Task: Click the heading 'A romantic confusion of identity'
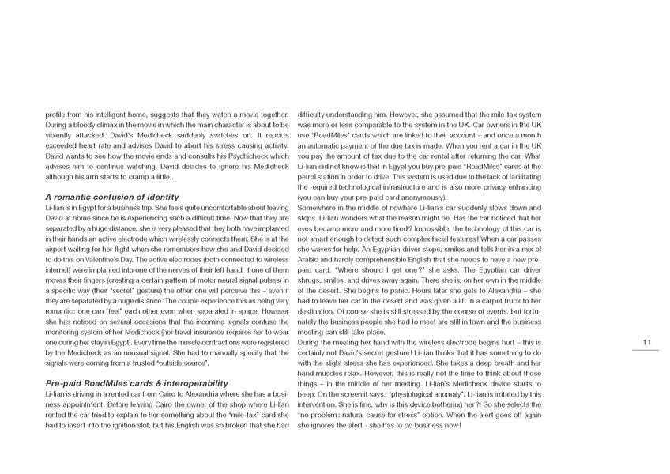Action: point(112,196)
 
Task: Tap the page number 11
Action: point(646,342)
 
